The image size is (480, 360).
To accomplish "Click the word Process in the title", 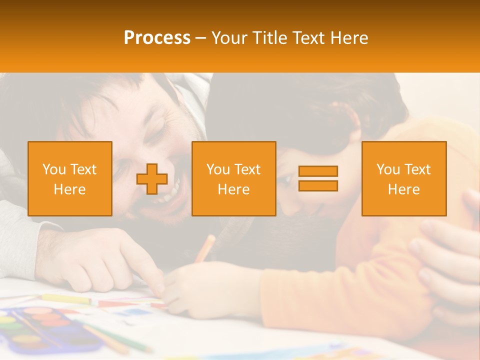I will click(x=157, y=38).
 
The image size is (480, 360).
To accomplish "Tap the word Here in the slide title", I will click(x=348, y=38).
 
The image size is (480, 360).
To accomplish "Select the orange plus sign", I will click(x=152, y=179).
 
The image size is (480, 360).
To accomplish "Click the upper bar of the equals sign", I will click(x=318, y=171).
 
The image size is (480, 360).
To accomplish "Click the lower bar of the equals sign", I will click(x=318, y=185).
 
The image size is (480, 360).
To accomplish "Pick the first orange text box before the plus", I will click(x=70, y=179).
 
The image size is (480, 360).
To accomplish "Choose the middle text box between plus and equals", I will click(x=233, y=179).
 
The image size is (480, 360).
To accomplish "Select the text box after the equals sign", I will click(x=403, y=179).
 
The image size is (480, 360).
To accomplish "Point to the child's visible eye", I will click(x=286, y=178).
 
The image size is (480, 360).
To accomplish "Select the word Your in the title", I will click(x=228, y=38).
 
